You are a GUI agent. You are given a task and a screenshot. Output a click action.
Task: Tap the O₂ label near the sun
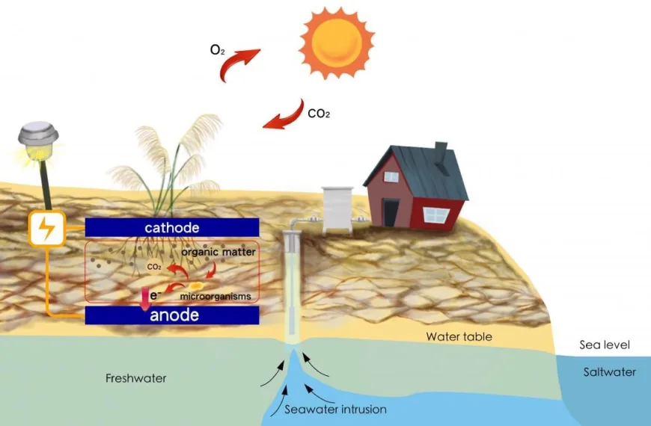216,52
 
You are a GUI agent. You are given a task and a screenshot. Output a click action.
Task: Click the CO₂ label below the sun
319,114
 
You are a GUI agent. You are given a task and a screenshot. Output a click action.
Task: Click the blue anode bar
172,315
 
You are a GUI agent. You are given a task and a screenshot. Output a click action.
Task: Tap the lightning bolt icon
46,229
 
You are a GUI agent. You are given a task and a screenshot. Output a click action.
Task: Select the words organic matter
219,253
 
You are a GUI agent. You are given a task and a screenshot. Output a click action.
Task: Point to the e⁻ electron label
155,295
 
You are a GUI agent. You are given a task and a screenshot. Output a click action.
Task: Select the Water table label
459,337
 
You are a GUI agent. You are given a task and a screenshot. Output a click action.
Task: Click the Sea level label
605,345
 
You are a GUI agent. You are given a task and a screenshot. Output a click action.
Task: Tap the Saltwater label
609,372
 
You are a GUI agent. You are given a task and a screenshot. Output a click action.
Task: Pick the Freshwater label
135,378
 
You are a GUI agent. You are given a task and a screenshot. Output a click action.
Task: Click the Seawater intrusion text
335,409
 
